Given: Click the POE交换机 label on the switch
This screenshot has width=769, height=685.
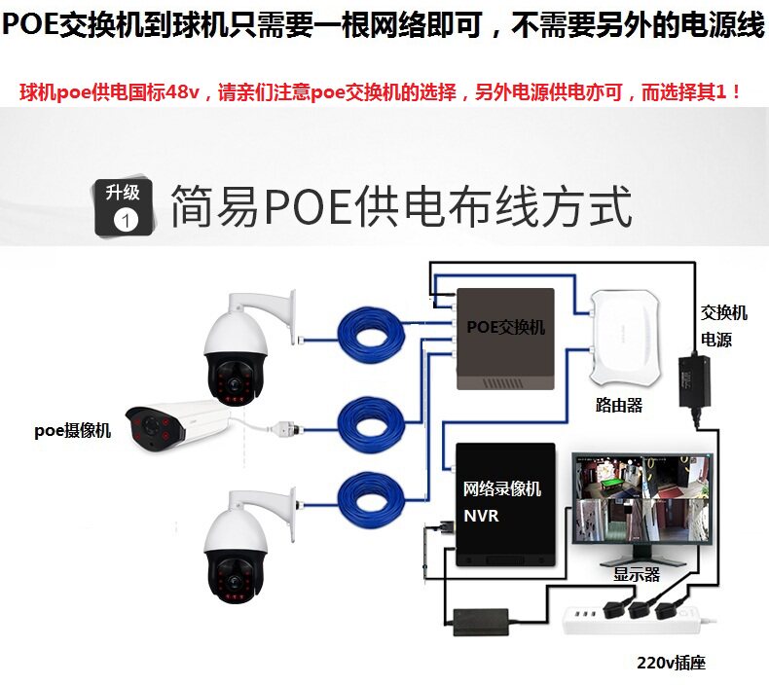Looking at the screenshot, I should (505, 327).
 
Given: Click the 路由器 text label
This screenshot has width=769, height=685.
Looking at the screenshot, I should (619, 405).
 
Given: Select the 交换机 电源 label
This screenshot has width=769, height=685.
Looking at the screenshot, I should (723, 326).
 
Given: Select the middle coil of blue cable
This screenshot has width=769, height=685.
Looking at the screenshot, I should (371, 420).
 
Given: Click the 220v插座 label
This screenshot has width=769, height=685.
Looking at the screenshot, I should (671, 664).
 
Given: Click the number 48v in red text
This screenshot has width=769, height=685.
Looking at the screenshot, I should (181, 93).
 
